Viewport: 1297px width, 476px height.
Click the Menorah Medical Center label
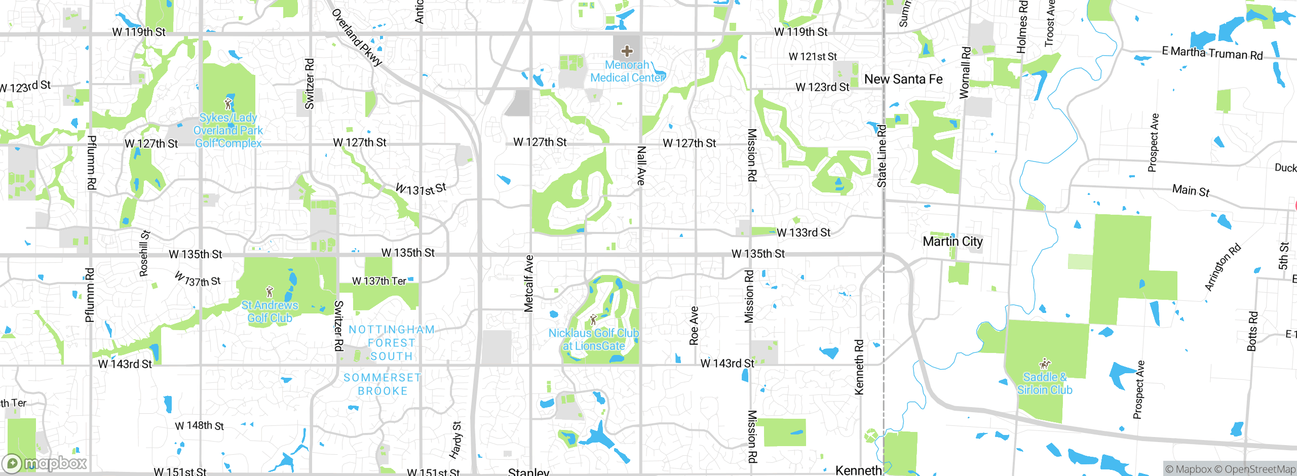627,71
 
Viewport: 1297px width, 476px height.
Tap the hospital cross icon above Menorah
627,51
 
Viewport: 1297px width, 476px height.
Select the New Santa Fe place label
903,79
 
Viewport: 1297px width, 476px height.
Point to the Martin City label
952,242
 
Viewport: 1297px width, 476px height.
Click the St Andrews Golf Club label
270,311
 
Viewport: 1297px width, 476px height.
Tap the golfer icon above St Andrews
270,292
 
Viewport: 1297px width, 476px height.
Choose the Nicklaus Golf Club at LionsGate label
594,339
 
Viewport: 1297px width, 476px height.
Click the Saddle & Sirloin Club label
1045,383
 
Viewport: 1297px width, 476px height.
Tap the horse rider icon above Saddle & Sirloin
1045,364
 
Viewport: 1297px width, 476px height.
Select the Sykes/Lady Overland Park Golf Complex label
228,131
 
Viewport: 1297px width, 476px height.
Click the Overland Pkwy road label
357,37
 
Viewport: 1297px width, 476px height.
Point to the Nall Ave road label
641,166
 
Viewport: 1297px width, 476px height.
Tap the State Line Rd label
882,156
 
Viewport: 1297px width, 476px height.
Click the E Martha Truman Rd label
1212,53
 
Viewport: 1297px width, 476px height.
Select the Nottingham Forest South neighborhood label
392,343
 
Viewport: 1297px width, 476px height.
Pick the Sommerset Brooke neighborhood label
383,384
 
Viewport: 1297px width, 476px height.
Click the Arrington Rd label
1223,267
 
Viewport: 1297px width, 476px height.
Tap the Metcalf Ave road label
528,283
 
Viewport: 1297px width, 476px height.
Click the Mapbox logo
45,463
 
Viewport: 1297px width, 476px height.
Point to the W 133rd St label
804,232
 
